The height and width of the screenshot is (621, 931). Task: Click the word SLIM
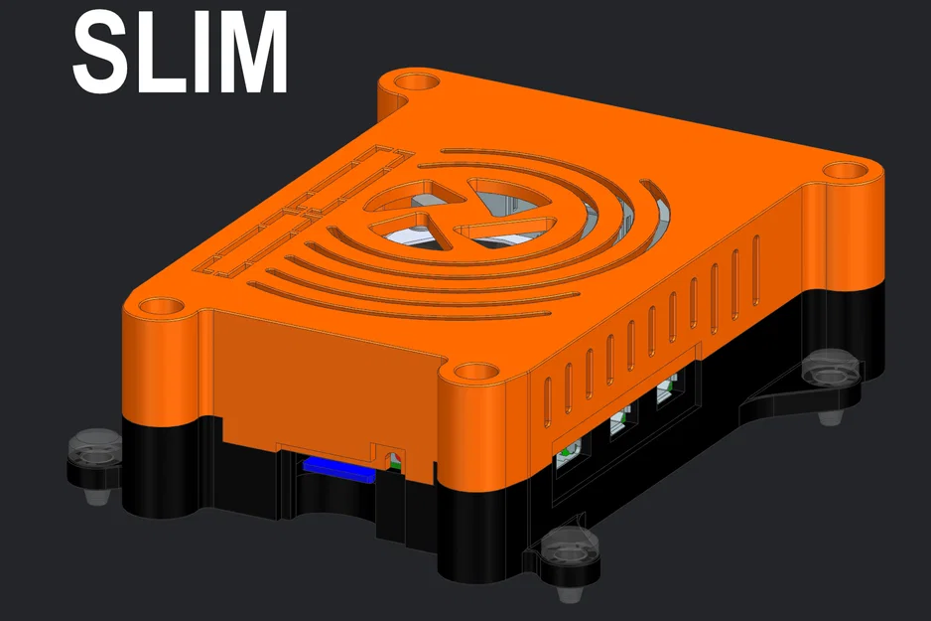tap(180, 53)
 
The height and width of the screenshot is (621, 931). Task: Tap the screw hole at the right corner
tap(844, 170)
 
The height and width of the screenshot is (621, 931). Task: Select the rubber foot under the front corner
tap(573, 555)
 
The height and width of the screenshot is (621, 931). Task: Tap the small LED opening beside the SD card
tap(393, 460)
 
